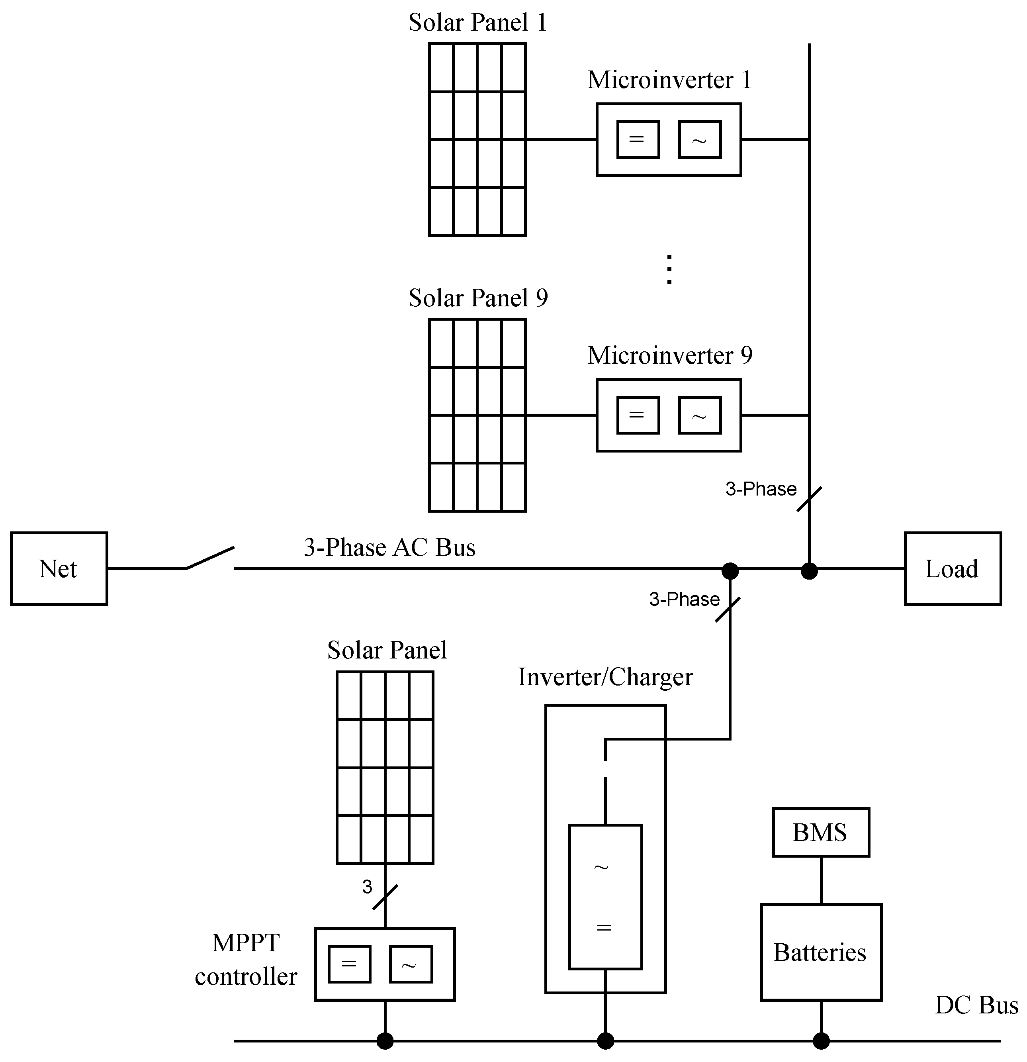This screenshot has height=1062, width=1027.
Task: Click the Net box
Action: (x=59, y=568)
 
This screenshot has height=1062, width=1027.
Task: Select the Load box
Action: (x=952, y=568)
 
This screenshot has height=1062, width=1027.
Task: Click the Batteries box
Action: (x=821, y=952)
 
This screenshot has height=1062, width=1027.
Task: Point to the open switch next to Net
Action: (x=210, y=558)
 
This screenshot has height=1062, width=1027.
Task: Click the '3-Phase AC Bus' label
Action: (x=389, y=547)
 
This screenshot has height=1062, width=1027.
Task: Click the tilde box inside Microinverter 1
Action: (x=699, y=140)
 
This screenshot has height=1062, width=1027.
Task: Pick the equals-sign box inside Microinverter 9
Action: (x=638, y=415)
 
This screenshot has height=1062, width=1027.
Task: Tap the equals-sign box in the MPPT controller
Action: (x=349, y=964)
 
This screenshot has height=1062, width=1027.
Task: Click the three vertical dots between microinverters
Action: (x=669, y=269)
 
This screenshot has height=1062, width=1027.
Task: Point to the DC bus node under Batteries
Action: (x=821, y=1041)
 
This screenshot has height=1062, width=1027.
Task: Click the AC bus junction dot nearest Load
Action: (x=809, y=570)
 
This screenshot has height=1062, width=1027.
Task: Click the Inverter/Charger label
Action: (x=605, y=677)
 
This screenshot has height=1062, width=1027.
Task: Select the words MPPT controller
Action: (x=246, y=960)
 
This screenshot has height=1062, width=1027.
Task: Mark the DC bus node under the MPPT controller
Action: (x=385, y=1041)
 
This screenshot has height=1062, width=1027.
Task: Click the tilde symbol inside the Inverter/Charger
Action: (x=601, y=868)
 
